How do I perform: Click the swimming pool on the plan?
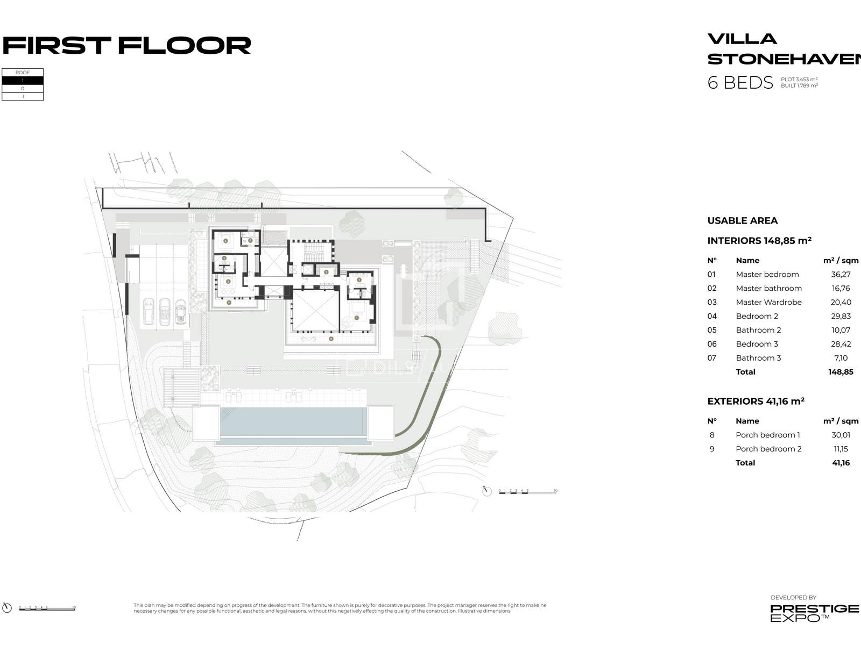[x=291, y=422]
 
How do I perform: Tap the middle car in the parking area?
[x=165, y=311]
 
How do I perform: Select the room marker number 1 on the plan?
[x=357, y=318]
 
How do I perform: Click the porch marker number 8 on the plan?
[x=331, y=339]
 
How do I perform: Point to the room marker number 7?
[x=250, y=240]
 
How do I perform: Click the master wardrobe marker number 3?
[x=327, y=273]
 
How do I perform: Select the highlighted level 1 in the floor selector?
[x=23, y=81]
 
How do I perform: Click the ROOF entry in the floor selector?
[x=23, y=73]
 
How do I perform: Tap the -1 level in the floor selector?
[x=23, y=97]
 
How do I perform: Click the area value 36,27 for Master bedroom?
[x=841, y=275]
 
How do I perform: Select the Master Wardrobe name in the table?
[x=768, y=303]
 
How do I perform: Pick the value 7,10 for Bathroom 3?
[x=841, y=358]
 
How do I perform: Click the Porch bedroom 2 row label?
[x=768, y=449]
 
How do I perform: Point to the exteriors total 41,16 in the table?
[x=841, y=463]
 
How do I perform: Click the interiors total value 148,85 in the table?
[x=841, y=372]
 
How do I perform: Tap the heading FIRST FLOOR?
[x=127, y=46]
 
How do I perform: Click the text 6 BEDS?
[x=740, y=83]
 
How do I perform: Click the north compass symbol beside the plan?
[x=487, y=491]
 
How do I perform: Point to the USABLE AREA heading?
[x=742, y=221]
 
